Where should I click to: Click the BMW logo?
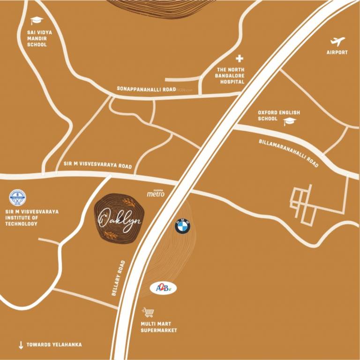point(183,226)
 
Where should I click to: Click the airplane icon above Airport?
point(337,41)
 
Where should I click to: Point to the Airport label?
point(337,52)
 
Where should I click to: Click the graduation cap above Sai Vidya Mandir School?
point(37,21)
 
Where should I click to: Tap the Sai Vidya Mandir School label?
point(37,38)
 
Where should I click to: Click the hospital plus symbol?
point(240,59)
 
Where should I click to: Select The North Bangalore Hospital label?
point(230,75)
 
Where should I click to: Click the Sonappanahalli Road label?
point(146,89)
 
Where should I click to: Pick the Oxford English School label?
point(279,116)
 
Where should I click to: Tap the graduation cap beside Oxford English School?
point(290,121)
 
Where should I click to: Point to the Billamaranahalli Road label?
point(289,153)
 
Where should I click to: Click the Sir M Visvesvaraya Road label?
point(98,165)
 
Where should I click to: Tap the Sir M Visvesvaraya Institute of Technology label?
point(32,218)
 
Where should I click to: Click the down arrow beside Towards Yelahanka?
point(21,345)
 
